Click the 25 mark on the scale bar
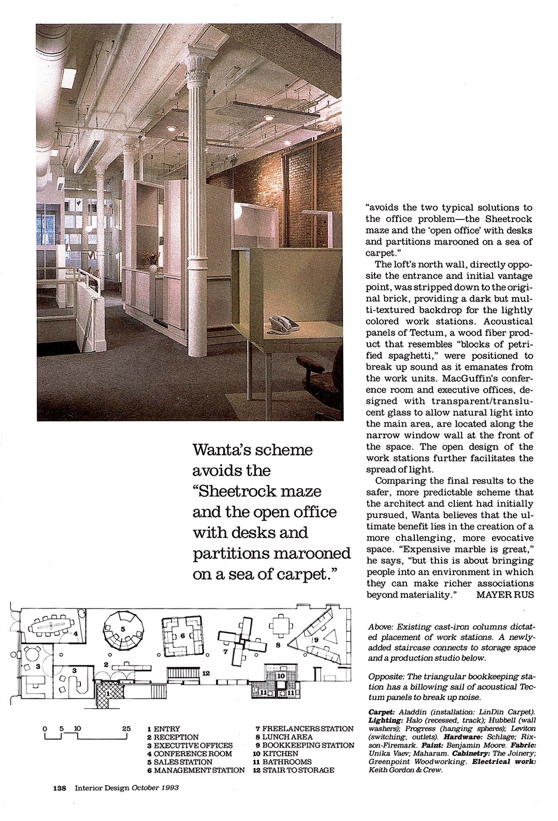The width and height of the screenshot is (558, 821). [126, 729]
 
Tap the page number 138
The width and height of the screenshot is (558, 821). [59, 787]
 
